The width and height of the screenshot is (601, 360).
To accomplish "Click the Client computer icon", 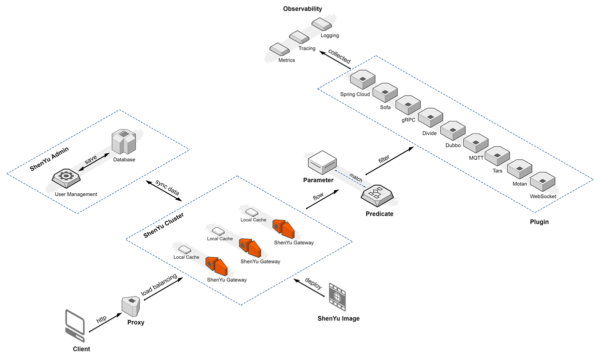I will [75, 325].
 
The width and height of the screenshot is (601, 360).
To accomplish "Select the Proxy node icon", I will [130, 304].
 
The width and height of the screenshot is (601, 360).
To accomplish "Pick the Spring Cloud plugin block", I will [362, 80].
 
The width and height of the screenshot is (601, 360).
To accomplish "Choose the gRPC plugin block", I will [407, 105].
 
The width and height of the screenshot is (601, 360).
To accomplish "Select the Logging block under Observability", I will [321, 24].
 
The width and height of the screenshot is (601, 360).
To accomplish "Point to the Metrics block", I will [278, 49].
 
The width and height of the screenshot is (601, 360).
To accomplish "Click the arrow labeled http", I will [103, 323].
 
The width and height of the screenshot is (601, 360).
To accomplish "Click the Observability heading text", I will [302, 9].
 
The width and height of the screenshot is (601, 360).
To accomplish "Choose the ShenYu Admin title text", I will [49, 160].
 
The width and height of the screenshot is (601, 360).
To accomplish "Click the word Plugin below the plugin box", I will [539, 222].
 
